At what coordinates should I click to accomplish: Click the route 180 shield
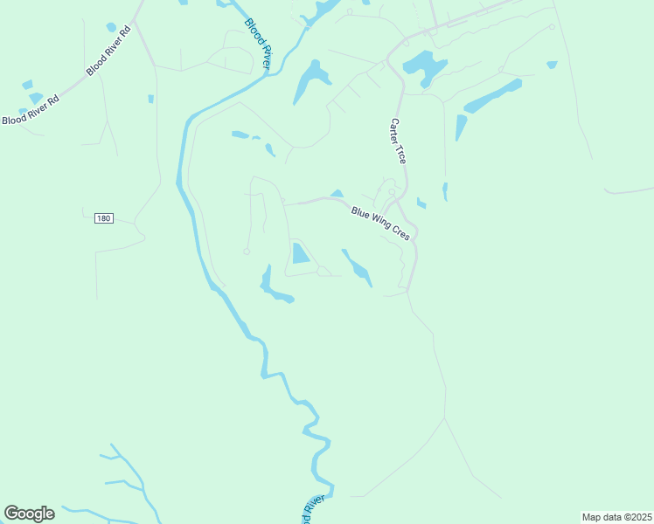pyautogui.click(x=103, y=217)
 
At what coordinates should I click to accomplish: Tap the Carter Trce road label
pyautogui.click(x=399, y=141)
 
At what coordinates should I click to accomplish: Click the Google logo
pyautogui.click(x=29, y=514)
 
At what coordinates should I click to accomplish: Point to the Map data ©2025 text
pyautogui.click(x=616, y=517)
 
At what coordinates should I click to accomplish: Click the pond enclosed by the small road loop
pyautogui.click(x=300, y=253)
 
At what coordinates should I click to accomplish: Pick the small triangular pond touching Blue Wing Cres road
pyautogui.click(x=337, y=194)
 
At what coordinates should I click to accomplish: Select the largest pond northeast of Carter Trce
pyautogui.click(x=423, y=65)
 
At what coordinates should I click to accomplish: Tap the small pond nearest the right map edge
pyautogui.click(x=552, y=64)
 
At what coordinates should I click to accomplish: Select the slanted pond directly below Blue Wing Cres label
pyautogui.click(x=358, y=267)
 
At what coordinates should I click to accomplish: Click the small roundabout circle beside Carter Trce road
pyautogui.click(x=392, y=192)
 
